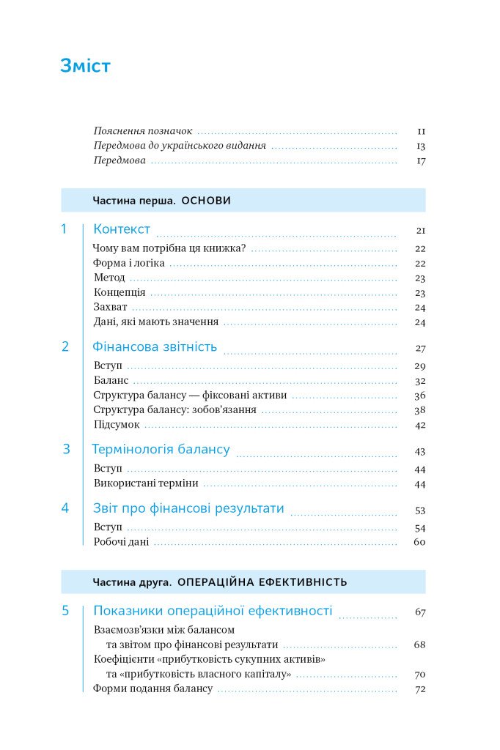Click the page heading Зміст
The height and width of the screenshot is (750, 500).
coord(85,67)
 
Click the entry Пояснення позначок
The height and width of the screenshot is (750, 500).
coord(143,130)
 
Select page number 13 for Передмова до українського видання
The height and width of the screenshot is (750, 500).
coord(421,146)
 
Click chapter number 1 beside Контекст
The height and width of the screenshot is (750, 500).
coord(65,229)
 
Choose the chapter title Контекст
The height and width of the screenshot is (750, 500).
coord(122,229)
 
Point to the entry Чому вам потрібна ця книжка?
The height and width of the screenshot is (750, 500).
coord(169,248)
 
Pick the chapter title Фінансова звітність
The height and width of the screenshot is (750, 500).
coord(155,346)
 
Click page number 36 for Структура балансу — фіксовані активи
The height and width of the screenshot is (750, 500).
coord(420,396)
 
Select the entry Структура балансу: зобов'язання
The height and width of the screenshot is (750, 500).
coord(174,409)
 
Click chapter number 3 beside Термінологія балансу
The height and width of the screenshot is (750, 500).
coord(66,449)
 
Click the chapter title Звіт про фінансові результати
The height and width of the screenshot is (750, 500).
coord(188,508)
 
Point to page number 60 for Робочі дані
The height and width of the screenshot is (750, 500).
coord(420,543)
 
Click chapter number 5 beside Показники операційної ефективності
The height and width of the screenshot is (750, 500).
coord(65,610)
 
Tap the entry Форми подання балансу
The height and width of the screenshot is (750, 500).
coord(152,688)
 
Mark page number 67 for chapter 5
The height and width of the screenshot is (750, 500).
coord(420,612)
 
